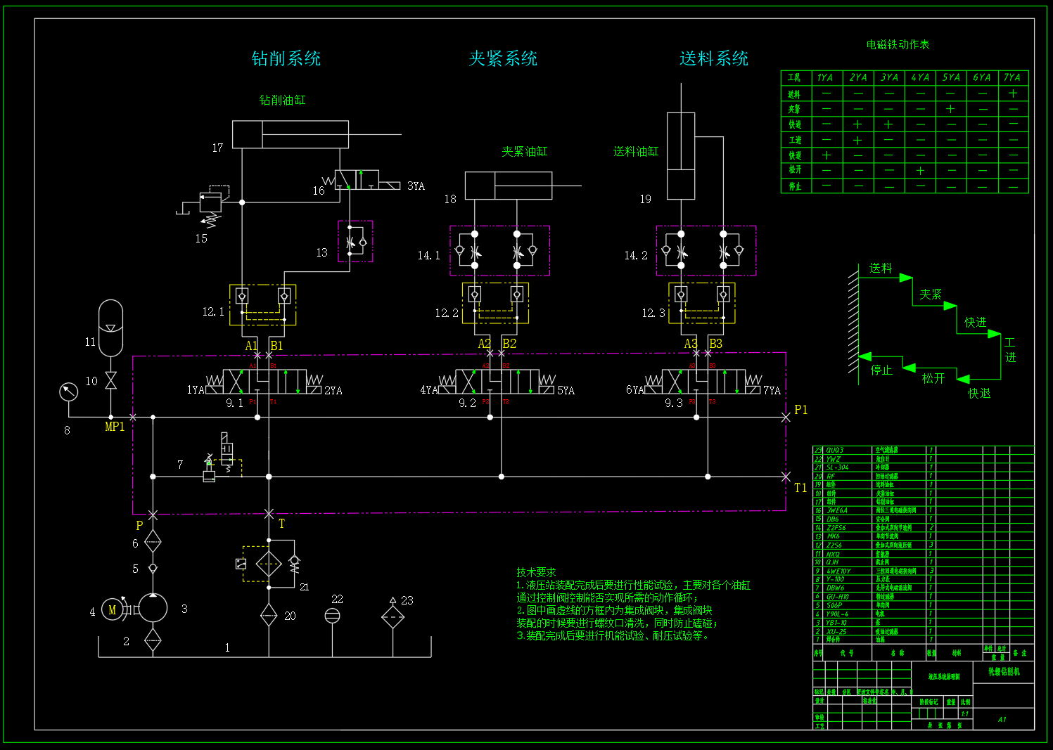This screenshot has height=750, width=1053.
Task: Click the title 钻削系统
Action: pyautogui.click(x=286, y=58)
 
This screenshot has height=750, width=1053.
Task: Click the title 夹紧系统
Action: pyautogui.click(x=503, y=58)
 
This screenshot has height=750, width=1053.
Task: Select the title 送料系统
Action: pyautogui.click(x=713, y=58)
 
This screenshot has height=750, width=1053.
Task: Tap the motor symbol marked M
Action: pyautogui.click(x=112, y=610)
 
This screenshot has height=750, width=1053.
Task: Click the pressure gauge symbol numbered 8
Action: pyautogui.click(x=68, y=392)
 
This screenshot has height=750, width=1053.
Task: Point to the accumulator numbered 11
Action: pyautogui.click(x=110, y=328)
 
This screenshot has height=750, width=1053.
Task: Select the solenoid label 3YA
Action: pyautogui.click(x=416, y=186)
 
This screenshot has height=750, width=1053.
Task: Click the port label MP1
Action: pyautogui.click(x=115, y=427)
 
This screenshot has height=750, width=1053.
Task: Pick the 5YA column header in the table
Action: pyautogui.click(x=950, y=77)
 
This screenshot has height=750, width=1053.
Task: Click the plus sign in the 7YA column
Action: pyautogui.click(x=1013, y=93)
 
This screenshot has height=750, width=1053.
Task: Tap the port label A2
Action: pyautogui.click(x=485, y=344)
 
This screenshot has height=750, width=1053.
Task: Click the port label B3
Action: pyautogui.click(x=715, y=344)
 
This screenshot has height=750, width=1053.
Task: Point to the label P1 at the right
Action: pyautogui.click(x=800, y=410)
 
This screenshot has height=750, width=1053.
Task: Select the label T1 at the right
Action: pyautogui.click(x=800, y=488)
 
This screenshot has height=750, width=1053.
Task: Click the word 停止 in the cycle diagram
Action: pyautogui.click(x=881, y=370)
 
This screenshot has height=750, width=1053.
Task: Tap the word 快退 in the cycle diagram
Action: pyautogui.click(x=979, y=394)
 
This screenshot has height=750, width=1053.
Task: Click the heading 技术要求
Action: pyautogui.click(x=536, y=572)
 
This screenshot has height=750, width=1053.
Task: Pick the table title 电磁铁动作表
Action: pyautogui.click(x=898, y=44)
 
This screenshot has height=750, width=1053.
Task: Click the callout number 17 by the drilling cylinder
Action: pyautogui.click(x=217, y=148)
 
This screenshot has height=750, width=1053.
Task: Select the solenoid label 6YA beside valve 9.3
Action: pyautogui.click(x=634, y=390)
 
